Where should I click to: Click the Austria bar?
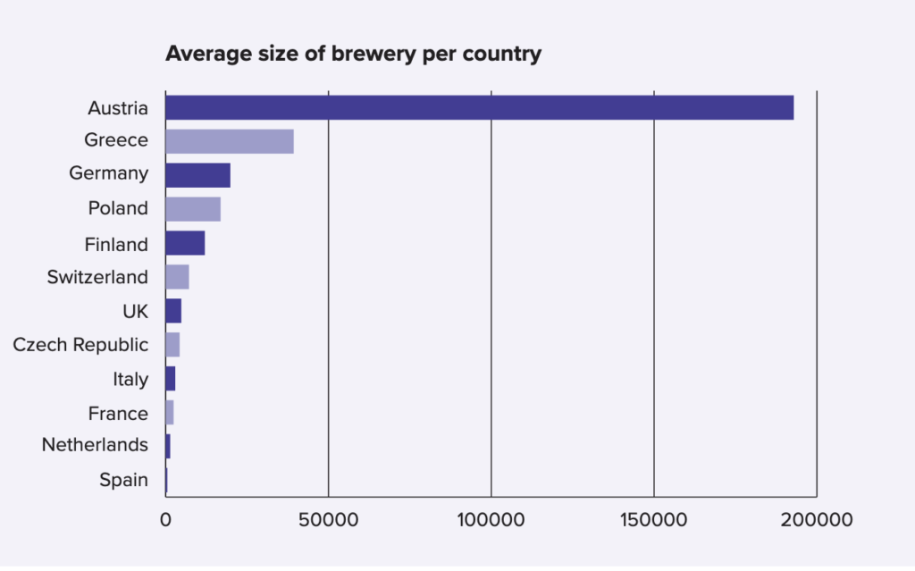(479, 107)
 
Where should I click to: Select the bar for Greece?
(230, 141)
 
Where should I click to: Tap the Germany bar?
(197, 175)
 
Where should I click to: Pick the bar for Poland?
(193, 209)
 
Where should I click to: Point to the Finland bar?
(185, 243)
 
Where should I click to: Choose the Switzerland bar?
(177, 277)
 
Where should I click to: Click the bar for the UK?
(173, 311)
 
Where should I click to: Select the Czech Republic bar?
(172, 345)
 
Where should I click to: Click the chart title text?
(353, 54)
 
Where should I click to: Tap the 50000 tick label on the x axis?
(328, 520)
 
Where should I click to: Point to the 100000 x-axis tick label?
(491, 520)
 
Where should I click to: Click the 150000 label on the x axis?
(654, 520)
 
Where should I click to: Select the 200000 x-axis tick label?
(817, 520)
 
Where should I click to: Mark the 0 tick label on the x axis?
(165, 520)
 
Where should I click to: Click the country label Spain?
(123, 480)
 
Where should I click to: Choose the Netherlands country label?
(95, 445)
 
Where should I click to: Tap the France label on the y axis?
(118, 413)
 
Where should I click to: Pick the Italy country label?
(130, 379)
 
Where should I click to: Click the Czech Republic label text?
(80, 345)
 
